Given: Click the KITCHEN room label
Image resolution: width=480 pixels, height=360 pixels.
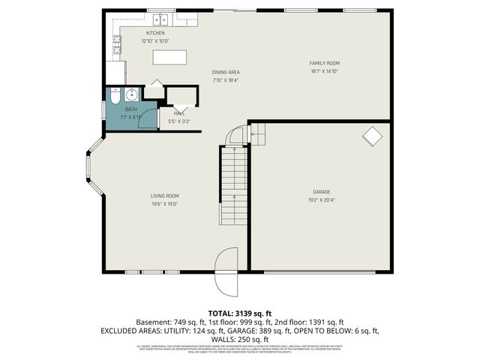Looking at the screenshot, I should pyautogui.click(x=155, y=33).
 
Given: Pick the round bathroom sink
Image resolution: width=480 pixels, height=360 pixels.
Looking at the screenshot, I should pyautogui.click(x=132, y=94).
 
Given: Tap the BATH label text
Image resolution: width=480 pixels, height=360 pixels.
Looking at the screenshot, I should pyautogui.click(x=131, y=109).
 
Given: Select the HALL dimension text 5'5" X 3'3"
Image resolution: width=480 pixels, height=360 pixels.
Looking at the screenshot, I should pyautogui.click(x=179, y=121).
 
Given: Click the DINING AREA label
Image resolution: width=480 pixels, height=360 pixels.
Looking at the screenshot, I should pyautogui.click(x=226, y=72).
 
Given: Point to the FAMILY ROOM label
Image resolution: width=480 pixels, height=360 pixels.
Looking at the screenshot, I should pyautogui.click(x=325, y=63).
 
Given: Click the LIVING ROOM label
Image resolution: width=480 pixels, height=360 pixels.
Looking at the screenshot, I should pyautogui.click(x=164, y=196).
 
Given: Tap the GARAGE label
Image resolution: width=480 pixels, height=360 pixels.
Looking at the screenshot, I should pyautogui.click(x=321, y=192).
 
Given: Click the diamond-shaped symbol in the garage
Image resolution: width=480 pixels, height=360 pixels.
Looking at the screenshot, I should pyautogui.click(x=371, y=136).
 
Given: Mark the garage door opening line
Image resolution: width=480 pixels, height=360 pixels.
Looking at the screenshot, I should pyautogui.click(x=321, y=271).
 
